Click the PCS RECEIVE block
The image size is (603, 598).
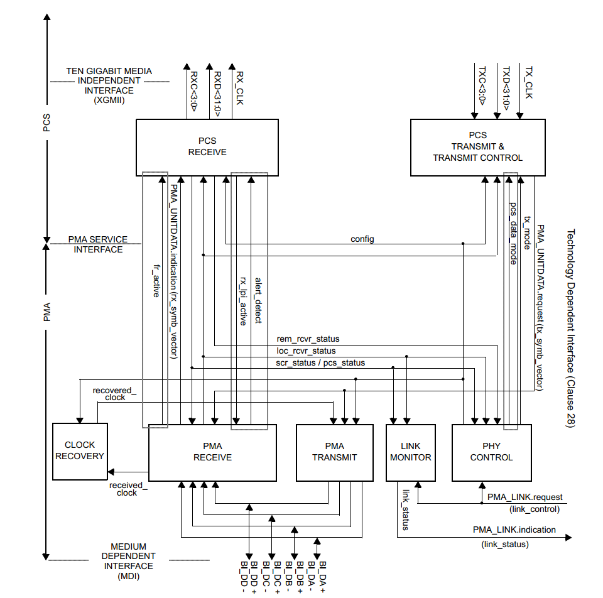coord(207,147)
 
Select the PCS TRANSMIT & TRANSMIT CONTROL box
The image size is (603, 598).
coord(477,148)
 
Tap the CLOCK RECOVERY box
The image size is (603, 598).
coord(79,451)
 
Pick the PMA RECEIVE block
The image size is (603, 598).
coord(212,452)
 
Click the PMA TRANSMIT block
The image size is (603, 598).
coord(334,452)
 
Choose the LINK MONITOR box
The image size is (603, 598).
coord(410,452)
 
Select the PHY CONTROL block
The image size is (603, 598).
coord(491,452)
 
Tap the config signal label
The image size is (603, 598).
coord(362,239)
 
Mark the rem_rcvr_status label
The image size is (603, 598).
coord(308,340)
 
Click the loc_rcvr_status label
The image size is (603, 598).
coord(306,351)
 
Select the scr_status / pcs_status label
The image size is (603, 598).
coord(320,362)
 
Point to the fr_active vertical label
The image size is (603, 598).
coord(156,280)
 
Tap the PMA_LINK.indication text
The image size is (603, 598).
coord(514,530)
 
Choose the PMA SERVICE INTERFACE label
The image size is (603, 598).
coord(98,244)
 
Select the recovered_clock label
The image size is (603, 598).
coord(114,394)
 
